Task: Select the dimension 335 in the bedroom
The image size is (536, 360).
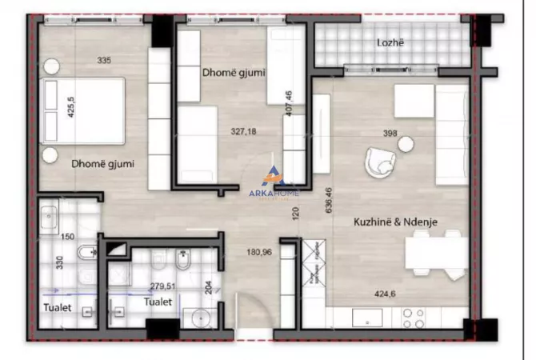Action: pos(103,60)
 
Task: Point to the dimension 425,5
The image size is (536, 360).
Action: pos(70,108)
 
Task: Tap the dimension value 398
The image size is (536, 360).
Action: pos(390,134)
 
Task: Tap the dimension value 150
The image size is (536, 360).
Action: pos(67,237)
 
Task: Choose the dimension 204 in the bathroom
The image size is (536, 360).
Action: pos(210,288)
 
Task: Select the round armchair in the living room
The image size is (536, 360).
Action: pos(380,163)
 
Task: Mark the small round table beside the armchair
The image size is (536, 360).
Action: pos(407,143)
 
